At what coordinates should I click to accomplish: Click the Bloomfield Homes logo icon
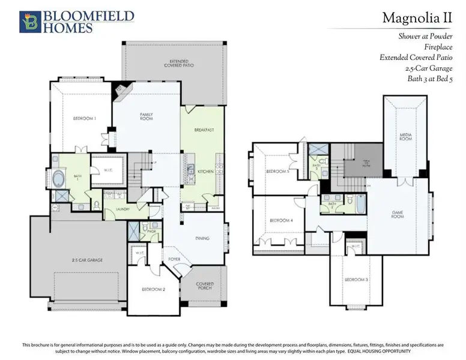pyautogui.click(x=28, y=21)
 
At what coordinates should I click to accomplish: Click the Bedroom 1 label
pyautogui.click(x=85, y=118)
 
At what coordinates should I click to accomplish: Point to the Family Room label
pyautogui.click(x=147, y=116)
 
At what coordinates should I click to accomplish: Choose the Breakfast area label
pyautogui.click(x=204, y=130)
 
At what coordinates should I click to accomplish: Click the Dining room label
pyautogui.click(x=202, y=238)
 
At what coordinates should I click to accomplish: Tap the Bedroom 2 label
pyautogui.click(x=153, y=289)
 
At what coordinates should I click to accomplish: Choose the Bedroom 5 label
pyautogui.click(x=280, y=173)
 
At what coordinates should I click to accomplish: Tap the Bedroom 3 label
pyautogui.click(x=356, y=280)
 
